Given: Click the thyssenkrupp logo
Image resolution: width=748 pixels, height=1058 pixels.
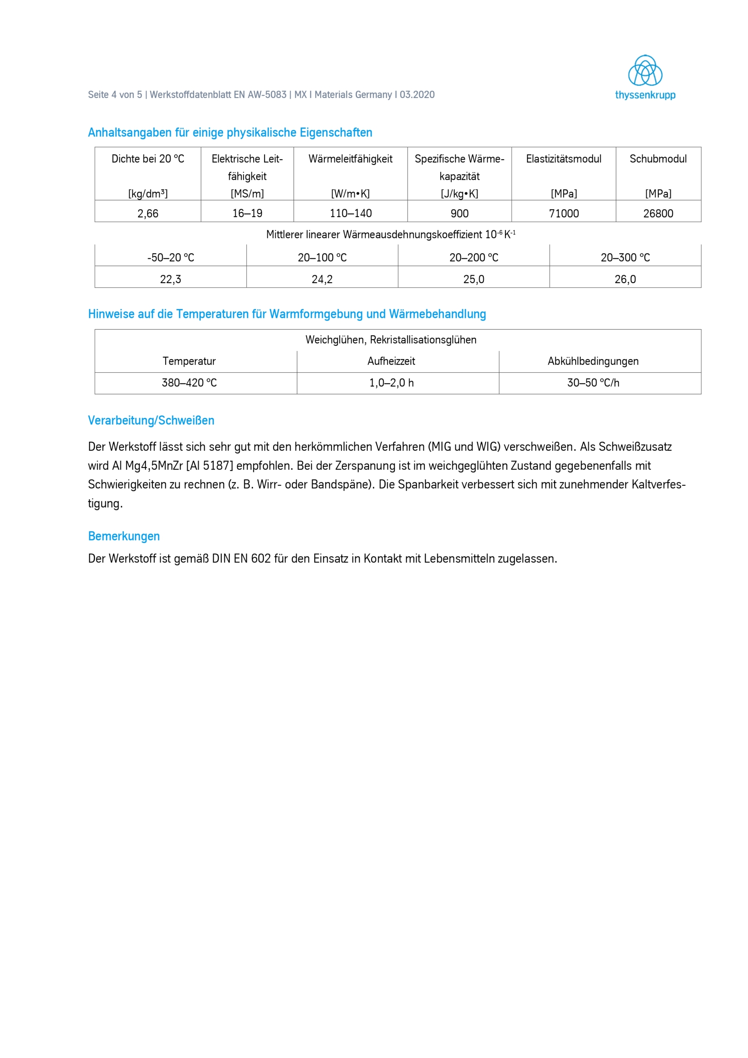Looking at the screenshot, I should coord(645,77).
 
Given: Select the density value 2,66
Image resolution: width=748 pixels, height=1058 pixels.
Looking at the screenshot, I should coord(148,213).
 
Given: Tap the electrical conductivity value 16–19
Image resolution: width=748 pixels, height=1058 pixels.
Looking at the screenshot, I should coord(247,213).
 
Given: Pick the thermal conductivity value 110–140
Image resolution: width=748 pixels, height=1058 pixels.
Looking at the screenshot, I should coord(350,213).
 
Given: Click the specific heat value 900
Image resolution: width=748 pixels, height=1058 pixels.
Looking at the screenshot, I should coord(460,213).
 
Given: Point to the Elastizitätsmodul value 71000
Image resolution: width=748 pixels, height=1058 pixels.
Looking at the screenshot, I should coord(564,213).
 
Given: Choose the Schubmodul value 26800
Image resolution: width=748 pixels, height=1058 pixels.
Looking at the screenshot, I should coord(658,213).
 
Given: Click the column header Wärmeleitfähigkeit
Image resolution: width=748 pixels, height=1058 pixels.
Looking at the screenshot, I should coord(350,159).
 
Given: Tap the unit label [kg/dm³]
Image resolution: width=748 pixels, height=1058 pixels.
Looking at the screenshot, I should coord(148,194).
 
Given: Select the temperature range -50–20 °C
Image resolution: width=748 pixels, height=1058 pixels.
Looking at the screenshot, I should coord(171,257).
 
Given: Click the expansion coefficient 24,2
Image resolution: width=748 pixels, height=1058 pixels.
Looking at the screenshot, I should coord(322,279).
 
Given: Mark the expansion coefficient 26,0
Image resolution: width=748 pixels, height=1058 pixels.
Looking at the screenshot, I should coord(625,279).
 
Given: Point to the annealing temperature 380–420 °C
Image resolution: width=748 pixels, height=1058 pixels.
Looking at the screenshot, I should coord(189,383).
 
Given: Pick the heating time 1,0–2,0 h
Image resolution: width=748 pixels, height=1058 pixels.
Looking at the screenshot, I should coord(391,383).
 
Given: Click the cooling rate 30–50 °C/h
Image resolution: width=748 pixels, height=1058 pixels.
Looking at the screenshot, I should coord(593,383).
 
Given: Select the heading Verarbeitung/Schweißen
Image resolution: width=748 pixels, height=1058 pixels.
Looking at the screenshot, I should coord(151,420).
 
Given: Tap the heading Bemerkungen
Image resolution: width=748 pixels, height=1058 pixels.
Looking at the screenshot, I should coord(124,536).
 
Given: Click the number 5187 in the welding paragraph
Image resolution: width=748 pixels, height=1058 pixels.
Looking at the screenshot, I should coord(215,466).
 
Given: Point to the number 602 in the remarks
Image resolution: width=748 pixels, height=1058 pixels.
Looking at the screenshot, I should coord(261,558).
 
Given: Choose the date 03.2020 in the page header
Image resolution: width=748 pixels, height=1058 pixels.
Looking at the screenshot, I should coord(417,95).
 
